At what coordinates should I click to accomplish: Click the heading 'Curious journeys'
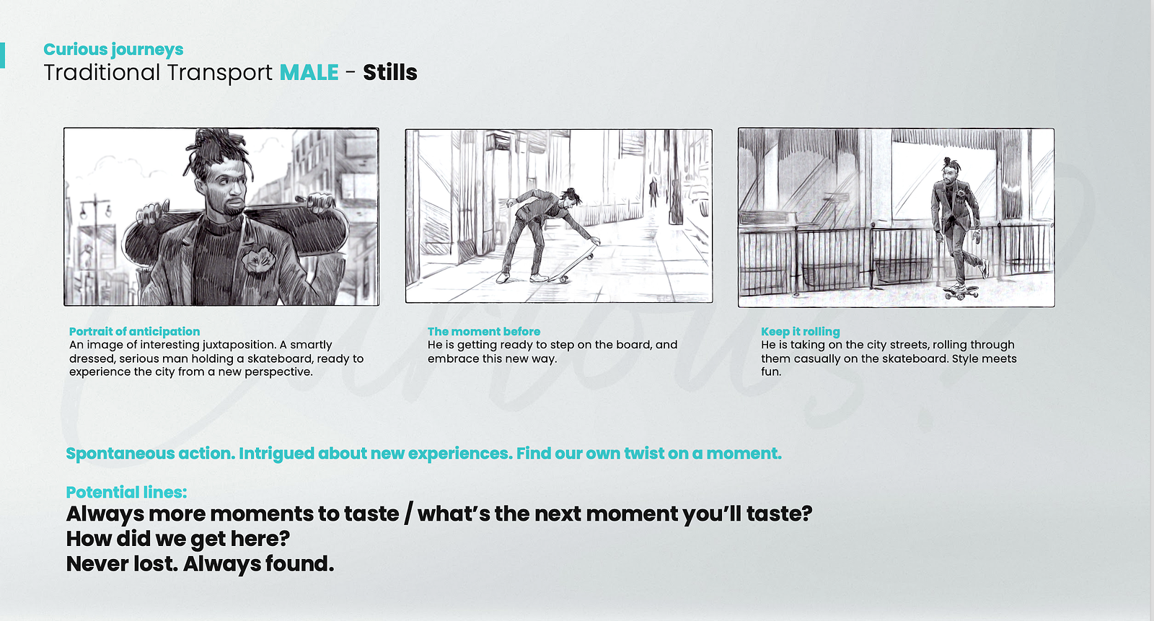click(x=113, y=50)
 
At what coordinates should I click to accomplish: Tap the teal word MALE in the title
click(x=309, y=72)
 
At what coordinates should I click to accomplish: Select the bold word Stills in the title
click(x=390, y=72)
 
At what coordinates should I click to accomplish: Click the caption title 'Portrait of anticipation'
click(x=134, y=331)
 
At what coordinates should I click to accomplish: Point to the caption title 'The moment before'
click(x=484, y=331)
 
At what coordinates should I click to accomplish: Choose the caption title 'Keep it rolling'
click(x=801, y=332)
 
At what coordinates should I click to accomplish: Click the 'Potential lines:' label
click(x=126, y=492)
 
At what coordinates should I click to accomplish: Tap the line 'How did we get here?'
click(x=177, y=539)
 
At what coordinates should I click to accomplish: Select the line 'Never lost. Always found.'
click(x=200, y=564)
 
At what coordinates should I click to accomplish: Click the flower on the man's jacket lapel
click(x=258, y=259)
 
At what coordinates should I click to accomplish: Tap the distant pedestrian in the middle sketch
click(x=653, y=192)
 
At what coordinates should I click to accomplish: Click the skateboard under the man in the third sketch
click(x=961, y=293)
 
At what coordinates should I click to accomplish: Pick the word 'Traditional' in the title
click(x=102, y=72)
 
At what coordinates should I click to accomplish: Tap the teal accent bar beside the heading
click(x=2, y=55)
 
